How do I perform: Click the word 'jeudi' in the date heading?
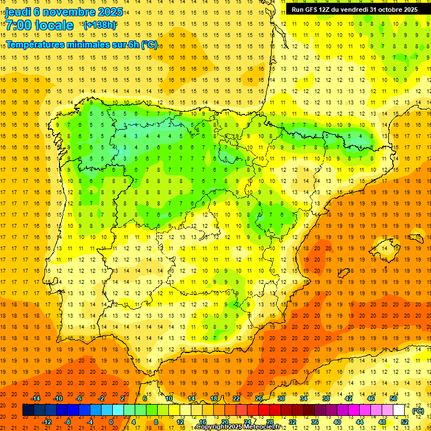point(17,11)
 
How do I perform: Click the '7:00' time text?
point(19,25)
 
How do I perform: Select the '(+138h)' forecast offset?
point(99,25)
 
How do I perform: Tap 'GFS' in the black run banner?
point(313,10)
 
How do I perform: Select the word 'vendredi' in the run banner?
point(354,10)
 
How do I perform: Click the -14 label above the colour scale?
point(36,398)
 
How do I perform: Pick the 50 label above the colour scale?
point(393,398)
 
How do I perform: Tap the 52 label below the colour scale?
point(404,422)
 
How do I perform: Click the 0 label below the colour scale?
point(111,422)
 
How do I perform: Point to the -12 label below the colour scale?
point(47,422)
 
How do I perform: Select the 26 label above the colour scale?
point(259,398)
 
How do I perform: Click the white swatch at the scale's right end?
point(398,410)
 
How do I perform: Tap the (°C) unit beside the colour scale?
point(418,411)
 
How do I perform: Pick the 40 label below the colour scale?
point(337,422)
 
